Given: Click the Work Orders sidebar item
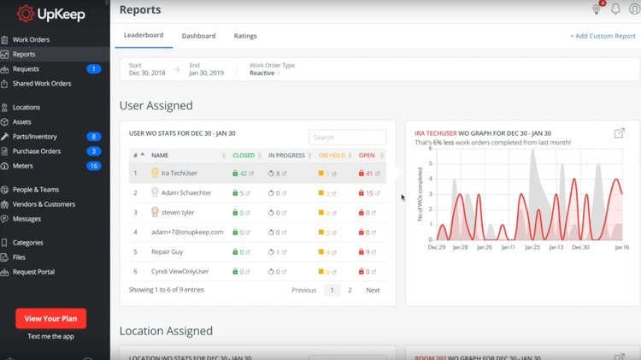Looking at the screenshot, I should click(31, 39).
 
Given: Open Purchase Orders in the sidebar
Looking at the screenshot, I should click(36, 151).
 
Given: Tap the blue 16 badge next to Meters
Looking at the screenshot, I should click(94, 166).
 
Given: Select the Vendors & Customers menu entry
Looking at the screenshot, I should click(44, 204).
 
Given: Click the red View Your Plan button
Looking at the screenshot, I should click(50, 318).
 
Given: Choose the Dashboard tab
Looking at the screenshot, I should click(198, 36).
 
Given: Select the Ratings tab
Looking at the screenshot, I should click(245, 36).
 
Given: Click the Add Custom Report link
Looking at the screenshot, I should click(603, 36).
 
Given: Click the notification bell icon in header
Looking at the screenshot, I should click(615, 9).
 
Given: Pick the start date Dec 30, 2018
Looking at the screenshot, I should click(147, 74).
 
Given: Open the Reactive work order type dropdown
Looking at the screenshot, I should click(264, 74).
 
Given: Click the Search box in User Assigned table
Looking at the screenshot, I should click(347, 137).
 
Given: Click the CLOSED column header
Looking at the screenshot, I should click(244, 156).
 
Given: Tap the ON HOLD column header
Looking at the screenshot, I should click(332, 156).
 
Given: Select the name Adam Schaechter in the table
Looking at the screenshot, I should click(186, 193).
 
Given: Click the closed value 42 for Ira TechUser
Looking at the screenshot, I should click(244, 174).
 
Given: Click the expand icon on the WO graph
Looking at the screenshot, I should click(619, 133).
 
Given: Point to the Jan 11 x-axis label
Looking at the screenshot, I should click(508, 247).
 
